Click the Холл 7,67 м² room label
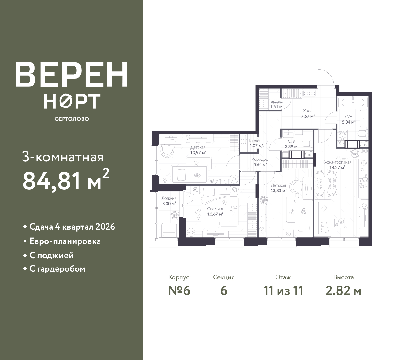point(308,114)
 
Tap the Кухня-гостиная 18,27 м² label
point(337,164)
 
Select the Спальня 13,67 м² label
point(215,211)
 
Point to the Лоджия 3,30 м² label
point(169,201)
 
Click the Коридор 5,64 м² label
point(260,162)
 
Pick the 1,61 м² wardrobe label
point(277,104)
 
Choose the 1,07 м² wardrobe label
point(256,143)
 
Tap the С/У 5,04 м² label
point(349,119)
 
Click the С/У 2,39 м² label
point(292,144)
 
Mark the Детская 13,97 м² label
point(198,150)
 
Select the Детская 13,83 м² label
point(279,188)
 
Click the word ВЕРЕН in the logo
point(71,74)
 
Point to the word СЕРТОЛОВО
point(72,119)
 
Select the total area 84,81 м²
point(66,180)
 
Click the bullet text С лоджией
point(52,255)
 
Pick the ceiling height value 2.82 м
point(343,291)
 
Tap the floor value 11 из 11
point(283,291)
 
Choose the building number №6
point(179,291)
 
